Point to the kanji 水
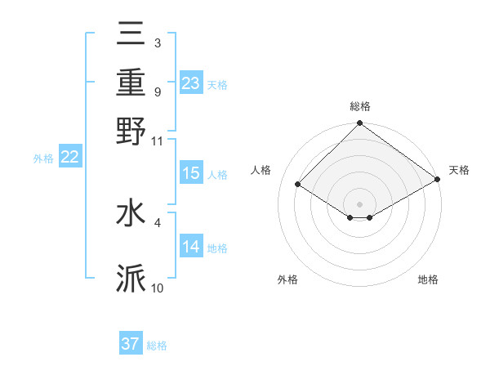(x=131, y=213)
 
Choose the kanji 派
(x=131, y=279)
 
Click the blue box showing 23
(x=190, y=83)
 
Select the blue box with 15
(x=190, y=173)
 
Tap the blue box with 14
(x=190, y=247)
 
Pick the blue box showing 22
(x=69, y=158)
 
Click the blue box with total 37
(x=131, y=344)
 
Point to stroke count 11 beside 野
(x=158, y=141)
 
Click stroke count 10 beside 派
(x=158, y=288)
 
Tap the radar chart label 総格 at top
(x=360, y=106)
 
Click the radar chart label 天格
(x=459, y=170)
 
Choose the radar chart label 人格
(x=261, y=170)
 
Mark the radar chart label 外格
(x=287, y=280)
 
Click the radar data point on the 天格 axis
(x=438, y=179)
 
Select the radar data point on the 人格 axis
(x=298, y=185)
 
